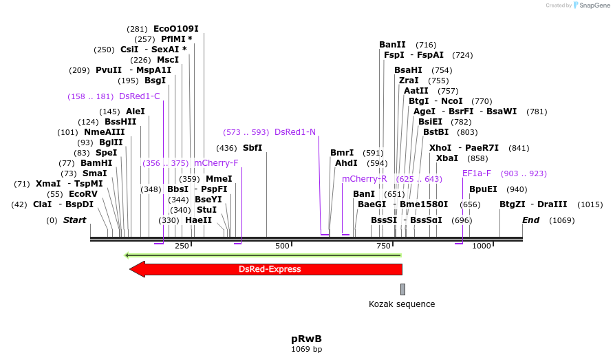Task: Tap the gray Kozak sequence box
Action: [x=402, y=289]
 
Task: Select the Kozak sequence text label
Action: [x=402, y=304]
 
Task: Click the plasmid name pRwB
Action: [x=306, y=339]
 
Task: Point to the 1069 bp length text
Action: [x=306, y=349]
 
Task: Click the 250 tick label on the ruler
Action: [x=182, y=246]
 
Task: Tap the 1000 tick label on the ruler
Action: [x=482, y=246]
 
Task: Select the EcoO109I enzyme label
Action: [x=176, y=29]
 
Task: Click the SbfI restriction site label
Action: [x=252, y=148]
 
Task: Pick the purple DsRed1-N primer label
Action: [x=295, y=131]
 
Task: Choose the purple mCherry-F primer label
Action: [x=216, y=163]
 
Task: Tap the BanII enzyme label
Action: [x=392, y=45]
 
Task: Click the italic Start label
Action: [x=75, y=220]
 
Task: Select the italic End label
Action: [x=530, y=220]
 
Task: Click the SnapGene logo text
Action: [x=592, y=6]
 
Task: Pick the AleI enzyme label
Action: [x=136, y=112]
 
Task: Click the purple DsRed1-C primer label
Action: [x=140, y=96]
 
